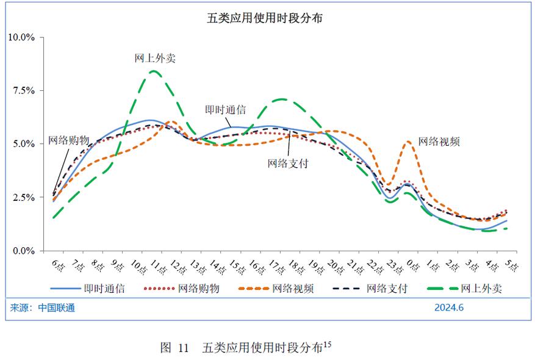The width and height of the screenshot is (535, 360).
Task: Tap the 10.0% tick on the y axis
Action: pos(21,37)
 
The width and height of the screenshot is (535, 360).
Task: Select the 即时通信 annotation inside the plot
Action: pos(225,110)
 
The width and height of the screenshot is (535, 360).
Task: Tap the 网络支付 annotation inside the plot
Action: pos(287,164)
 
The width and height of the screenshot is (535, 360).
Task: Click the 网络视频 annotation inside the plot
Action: pos(439,141)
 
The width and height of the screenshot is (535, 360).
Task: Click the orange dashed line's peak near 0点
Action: pos(409,142)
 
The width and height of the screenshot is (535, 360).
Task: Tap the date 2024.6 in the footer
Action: pos(449,308)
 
